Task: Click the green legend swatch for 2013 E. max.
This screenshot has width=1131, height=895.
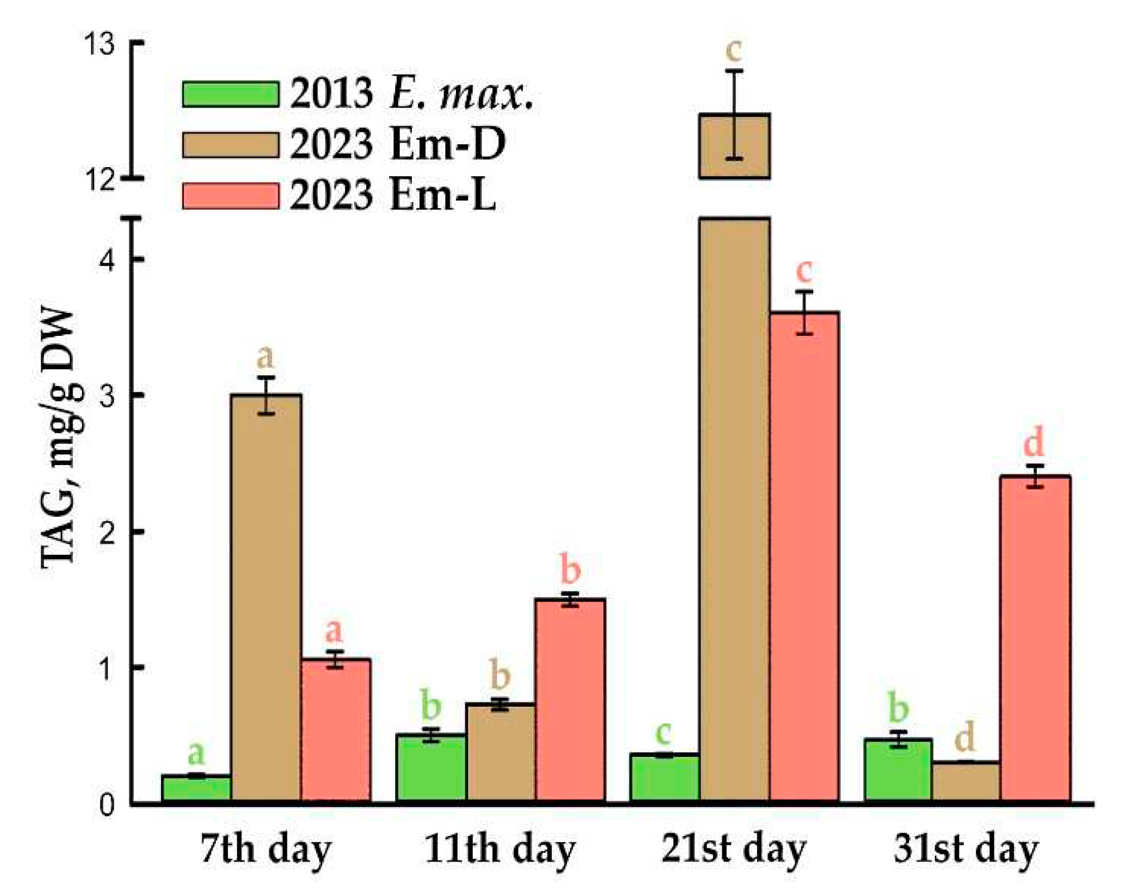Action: click(230, 94)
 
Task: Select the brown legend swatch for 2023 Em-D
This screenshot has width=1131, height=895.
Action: click(230, 145)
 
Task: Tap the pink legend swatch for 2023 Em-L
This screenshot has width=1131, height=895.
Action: click(230, 196)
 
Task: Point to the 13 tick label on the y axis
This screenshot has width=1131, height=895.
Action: click(99, 44)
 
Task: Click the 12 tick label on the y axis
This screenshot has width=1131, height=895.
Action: click(99, 180)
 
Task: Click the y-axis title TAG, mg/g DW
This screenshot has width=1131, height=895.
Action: click(59, 437)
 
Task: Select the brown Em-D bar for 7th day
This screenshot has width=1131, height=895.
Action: click(266, 596)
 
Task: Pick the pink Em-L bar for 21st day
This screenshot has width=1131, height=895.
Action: click(804, 557)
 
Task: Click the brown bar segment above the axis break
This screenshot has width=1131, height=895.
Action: click(735, 146)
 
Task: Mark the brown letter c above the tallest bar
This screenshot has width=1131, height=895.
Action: click(734, 50)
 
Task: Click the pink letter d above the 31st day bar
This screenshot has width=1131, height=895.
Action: click(1034, 443)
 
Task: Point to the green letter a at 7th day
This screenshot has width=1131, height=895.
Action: click(196, 753)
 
